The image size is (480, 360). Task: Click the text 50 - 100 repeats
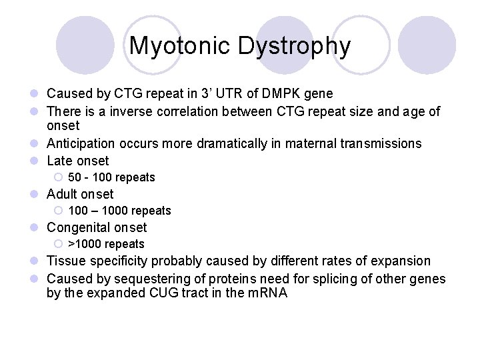click(x=111, y=177)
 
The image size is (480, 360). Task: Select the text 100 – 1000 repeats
click(x=119, y=211)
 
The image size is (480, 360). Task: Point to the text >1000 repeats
click(x=106, y=244)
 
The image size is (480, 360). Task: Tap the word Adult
click(x=62, y=194)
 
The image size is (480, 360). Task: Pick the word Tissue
click(x=66, y=261)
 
